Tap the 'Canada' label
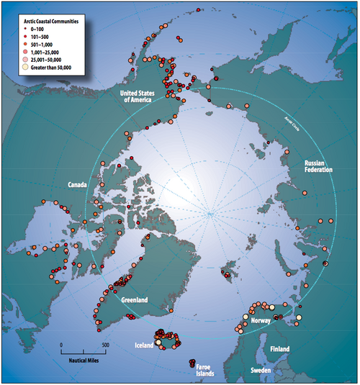pos(79,185)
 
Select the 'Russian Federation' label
pos(318,167)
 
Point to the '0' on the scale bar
pos(61,345)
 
